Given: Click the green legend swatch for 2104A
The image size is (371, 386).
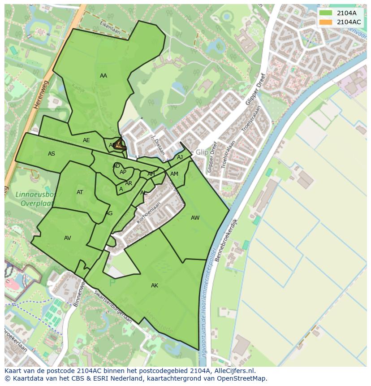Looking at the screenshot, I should pos(326,13).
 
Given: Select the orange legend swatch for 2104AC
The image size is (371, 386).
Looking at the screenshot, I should pos(326,22).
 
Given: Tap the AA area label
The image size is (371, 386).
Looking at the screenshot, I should pos(104,76).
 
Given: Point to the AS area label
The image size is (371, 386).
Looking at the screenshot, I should pos(52,154).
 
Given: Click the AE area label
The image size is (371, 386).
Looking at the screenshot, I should pos(86,140).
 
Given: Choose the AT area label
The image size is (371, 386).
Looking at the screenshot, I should pos(80,192).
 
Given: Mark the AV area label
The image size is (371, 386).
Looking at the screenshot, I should pos(68,238).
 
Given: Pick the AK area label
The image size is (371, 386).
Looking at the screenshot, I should pos(155,286).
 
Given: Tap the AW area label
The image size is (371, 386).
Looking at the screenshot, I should pos(195,218).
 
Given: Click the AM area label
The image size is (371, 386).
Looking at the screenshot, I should pos(174,174).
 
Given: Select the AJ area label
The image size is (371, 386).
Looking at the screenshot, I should pos(180,157).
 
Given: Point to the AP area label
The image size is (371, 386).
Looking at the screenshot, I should pos(123,172).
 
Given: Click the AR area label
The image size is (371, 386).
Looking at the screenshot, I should pos(129,183).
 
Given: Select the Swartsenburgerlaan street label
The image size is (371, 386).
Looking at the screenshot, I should pos(114,307).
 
